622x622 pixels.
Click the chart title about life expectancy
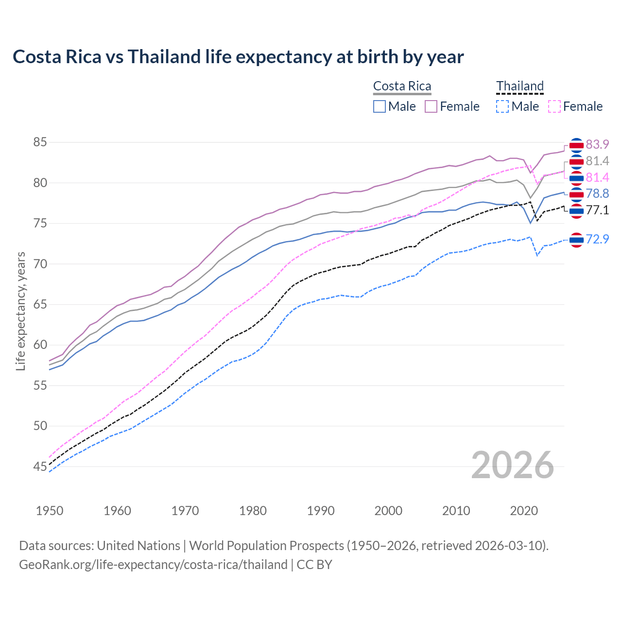pyautogui.click(x=238, y=57)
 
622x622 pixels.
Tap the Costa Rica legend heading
pyautogui.click(x=402, y=86)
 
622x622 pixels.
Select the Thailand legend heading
pyautogui.click(x=519, y=86)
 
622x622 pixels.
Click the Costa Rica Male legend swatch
pyautogui.click(x=380, y=106)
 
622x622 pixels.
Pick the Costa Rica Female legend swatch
pyautogui.click(x=431, y=106)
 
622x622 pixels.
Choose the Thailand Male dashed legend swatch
pyautogui.click(x=502, y=106)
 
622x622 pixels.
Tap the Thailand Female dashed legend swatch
pyautogui.click(x=554, y=106)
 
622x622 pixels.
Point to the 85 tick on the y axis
pyautogui.click(x=40, y=142)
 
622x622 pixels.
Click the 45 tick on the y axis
pyautogui.click(x=40, y=466)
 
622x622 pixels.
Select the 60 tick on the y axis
pyautogui.click(x=40, y=345)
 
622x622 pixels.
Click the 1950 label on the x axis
pyautogui.click(x=50, y=511)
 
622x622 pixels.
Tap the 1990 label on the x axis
pyautogui.click(x=321, y=511)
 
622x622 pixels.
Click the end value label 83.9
pyautogui.click(x=597, y=145)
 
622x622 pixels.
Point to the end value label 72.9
pyautogui.click(x=597, y=239)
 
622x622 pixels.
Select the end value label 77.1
pyautogui.click(x=597, y=210)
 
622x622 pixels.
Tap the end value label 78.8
pyautogui.click(x=597, y=194)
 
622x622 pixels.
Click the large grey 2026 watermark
pyautogui.click(x=513, y=465)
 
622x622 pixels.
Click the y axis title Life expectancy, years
pyautogui.click(x=20, y=311)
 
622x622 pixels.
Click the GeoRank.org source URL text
pyautogui.click(x=153, y=565)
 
